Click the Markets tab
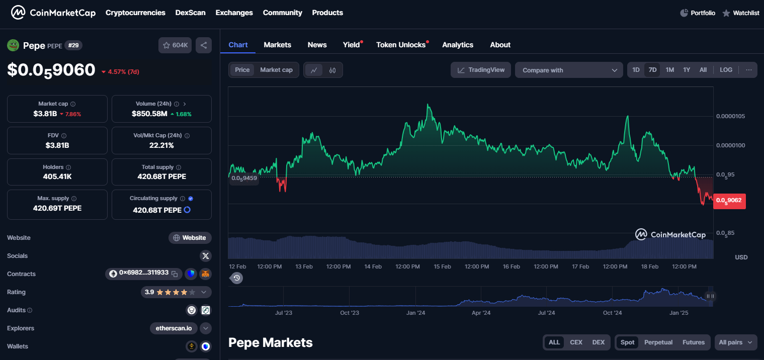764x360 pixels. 277,45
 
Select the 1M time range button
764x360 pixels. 669,70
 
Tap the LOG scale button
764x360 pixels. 726,70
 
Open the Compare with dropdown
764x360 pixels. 569,70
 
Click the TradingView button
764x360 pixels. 481,70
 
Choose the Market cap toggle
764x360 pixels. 276,70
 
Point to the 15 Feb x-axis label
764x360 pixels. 442,266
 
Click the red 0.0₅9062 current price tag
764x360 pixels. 729,201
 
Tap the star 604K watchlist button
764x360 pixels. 175,45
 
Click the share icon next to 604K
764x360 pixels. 204,45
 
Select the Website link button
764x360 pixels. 190,238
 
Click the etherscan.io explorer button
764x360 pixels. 174,328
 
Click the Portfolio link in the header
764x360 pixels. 698,13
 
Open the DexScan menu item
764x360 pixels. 190,13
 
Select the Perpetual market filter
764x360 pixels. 658,342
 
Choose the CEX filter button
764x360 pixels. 576,342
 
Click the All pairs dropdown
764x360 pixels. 735,342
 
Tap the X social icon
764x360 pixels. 205,256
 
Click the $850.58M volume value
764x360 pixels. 149,114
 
